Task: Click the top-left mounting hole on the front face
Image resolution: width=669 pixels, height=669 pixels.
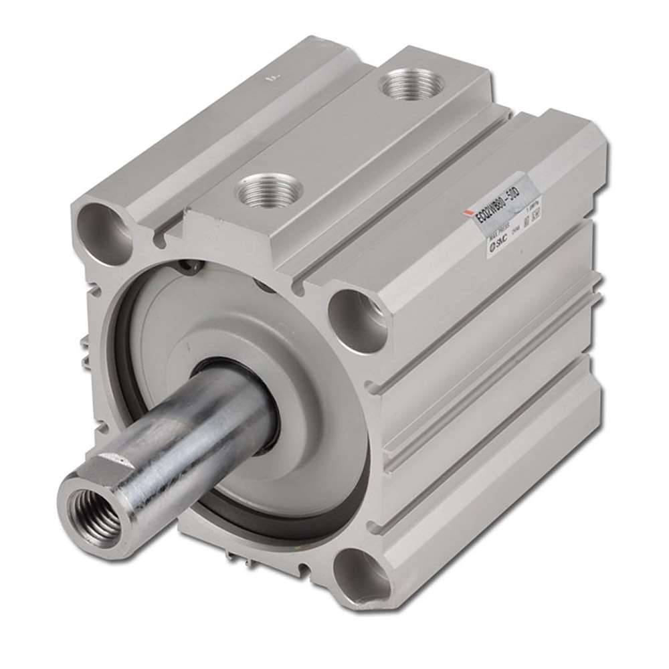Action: [106, 229]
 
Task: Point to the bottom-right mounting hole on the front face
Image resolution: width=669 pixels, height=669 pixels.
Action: [362, 573]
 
